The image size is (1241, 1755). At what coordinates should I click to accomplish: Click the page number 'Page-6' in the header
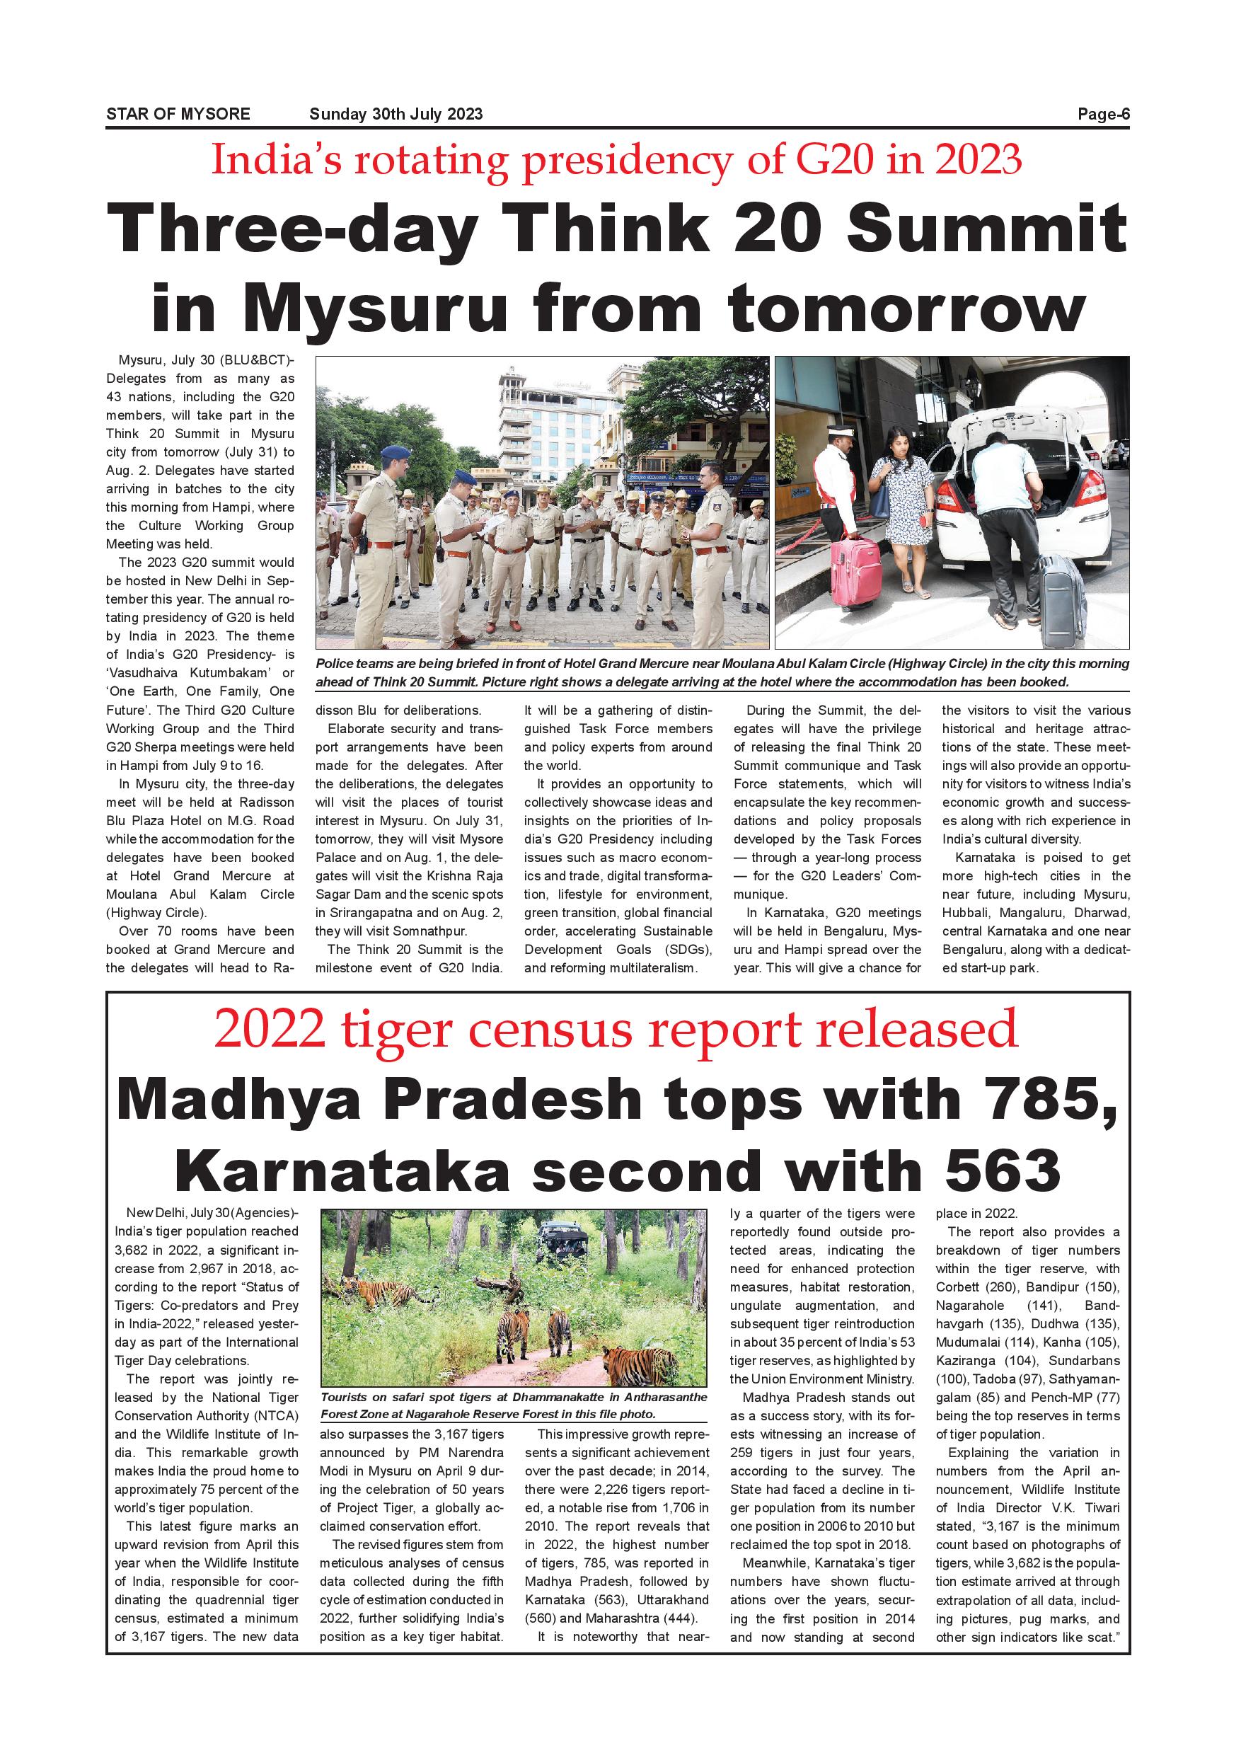pyautogui.click(x=1103, y=115)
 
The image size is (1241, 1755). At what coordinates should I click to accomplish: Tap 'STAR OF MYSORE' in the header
pyautogui.click(x=178, y=115)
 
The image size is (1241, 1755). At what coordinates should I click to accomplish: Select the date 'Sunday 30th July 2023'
pyautogui.click(x=396, y=115)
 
